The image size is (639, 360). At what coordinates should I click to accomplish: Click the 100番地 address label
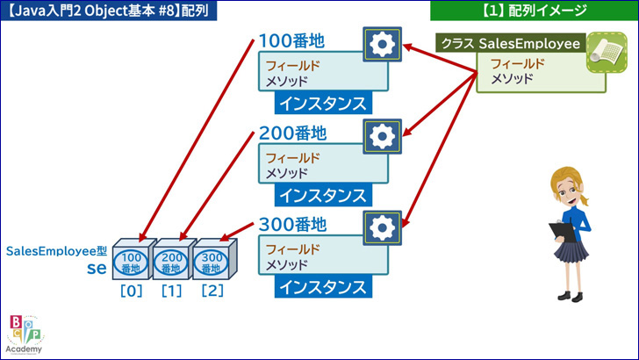(x=291, y=41)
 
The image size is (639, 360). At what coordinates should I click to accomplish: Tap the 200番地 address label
(x=292, y=133)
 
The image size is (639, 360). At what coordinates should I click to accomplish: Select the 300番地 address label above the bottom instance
(x=292, y=225)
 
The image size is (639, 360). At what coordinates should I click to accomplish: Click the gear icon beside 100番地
(x=383, y=44)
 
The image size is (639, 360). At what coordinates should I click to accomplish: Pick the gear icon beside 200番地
(x=383, y=136)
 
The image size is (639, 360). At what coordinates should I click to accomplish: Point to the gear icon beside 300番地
(x=383, y=228)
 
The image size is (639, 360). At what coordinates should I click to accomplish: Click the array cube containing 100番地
(x=133, y=259)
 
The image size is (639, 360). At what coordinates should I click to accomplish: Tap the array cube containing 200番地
(x=173, y=259)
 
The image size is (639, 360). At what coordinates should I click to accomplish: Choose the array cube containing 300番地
(x=213, y=259)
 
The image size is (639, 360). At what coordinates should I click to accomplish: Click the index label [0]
(x=132, y=292)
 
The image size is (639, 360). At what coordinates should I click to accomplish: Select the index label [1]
(x=171, y=292)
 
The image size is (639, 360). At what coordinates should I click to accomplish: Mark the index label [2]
(x=212, y=292)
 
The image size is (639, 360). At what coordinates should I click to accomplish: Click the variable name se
(x=97, y=268)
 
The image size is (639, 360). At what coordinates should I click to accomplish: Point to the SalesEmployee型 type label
(x=56, y=251)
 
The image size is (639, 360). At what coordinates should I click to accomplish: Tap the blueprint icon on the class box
(x=607, y=53)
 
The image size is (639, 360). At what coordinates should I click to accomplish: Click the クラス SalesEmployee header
(x=511, y=43)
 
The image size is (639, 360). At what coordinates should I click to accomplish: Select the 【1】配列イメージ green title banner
(x=535, y=11)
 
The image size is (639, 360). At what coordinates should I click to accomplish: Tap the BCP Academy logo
(x=25, y=335)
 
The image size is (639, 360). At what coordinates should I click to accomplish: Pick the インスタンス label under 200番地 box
(x=323, y=195)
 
